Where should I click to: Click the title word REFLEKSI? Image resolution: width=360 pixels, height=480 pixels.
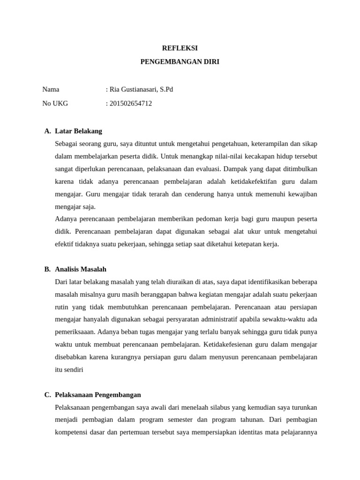tap(180, 48)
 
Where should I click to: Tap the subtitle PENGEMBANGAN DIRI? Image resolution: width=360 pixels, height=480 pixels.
tap(180, 61)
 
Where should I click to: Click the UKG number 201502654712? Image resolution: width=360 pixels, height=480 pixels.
tap(130, 103)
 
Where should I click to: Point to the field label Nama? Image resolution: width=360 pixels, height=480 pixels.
tap(51, 89)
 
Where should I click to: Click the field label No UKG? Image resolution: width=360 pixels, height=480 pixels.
tap(55, 103)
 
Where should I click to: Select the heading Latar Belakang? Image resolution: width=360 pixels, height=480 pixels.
tap(78, 131)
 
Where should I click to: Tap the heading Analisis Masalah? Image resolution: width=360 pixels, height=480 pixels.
tap(81, 269)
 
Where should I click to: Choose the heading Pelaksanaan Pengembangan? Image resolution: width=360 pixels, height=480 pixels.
tap(98, 395)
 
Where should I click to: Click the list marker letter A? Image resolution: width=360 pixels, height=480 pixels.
tap(47, 131)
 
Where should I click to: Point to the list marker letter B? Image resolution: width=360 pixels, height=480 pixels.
tap(47, 269)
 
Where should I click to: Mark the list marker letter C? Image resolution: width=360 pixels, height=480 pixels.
tap(47, 395)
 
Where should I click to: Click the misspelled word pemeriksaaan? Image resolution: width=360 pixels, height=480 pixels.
tap(75, 332)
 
